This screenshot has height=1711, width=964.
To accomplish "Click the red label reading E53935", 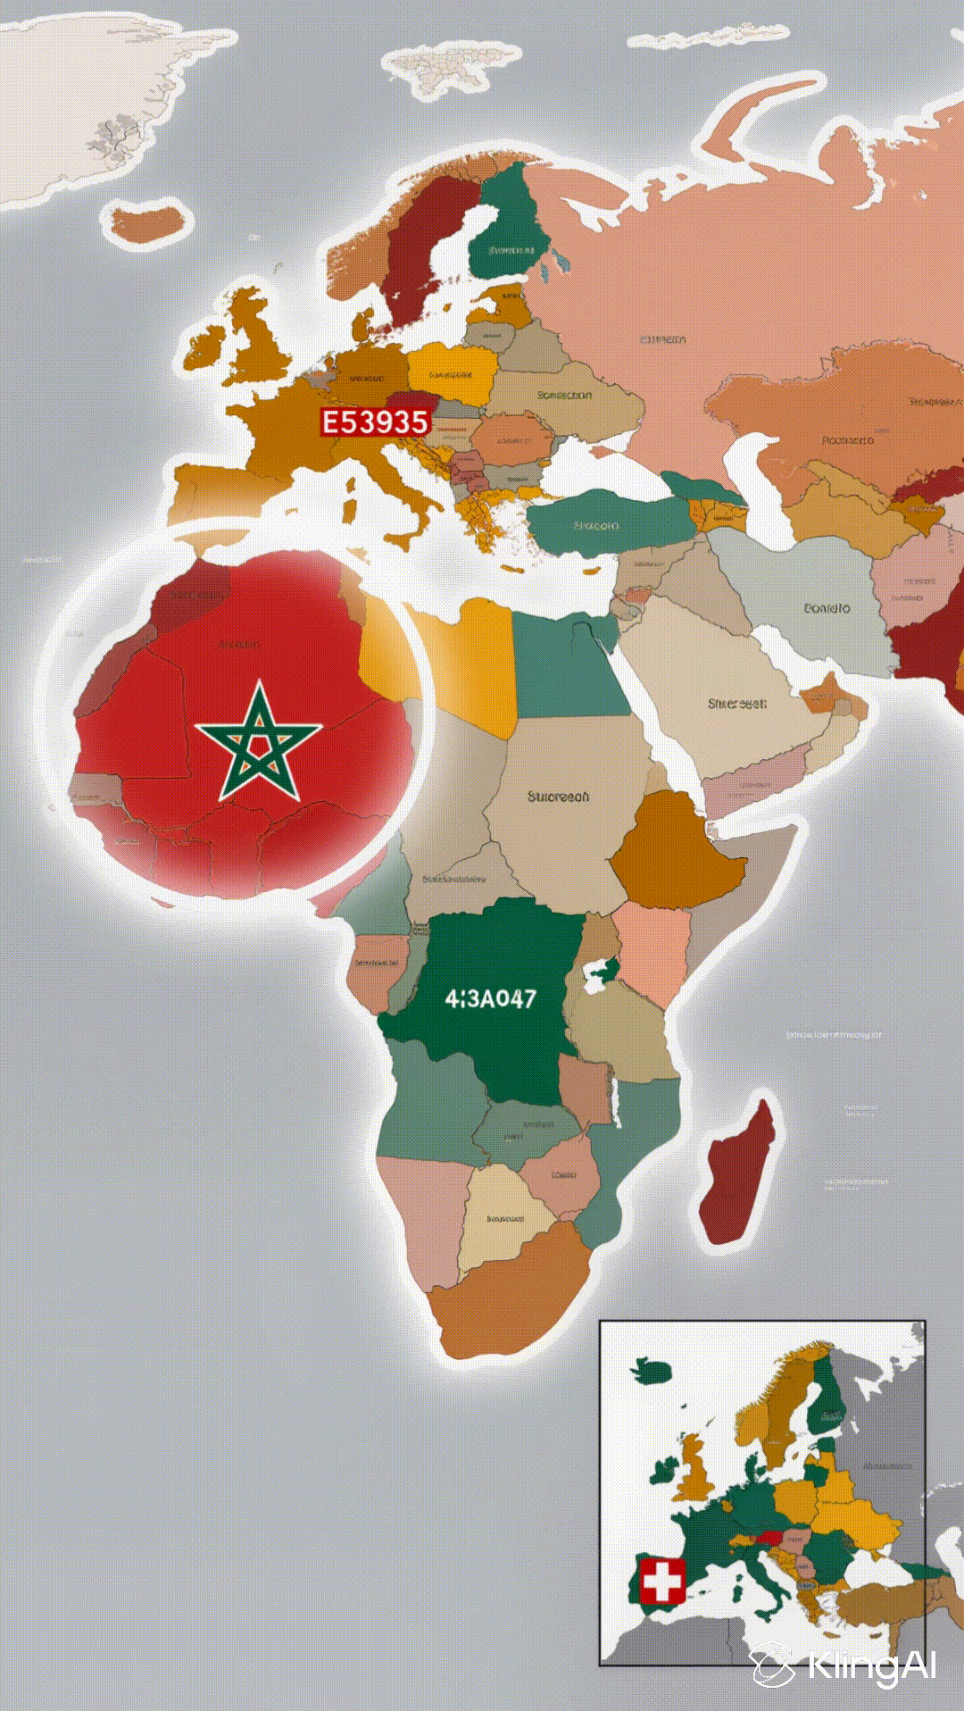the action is click(375, 421).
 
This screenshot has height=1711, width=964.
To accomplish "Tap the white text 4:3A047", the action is click(490, 998).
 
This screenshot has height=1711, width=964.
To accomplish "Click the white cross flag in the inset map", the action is click(661, 1582).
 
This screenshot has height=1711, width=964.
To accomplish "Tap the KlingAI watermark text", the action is click(871, 1666).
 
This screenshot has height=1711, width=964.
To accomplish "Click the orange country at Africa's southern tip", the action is click(509, 1295).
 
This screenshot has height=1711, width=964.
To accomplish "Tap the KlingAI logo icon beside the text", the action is click(771, 1666).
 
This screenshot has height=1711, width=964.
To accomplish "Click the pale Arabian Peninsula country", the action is click(714, 688).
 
